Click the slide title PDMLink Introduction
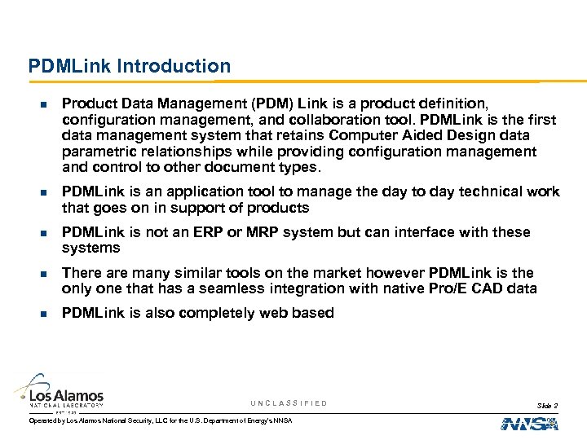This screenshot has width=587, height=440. point(130,66)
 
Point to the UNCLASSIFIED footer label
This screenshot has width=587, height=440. point(289,403)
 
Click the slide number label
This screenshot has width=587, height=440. point(548,405)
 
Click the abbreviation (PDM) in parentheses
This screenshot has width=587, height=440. point(272,104)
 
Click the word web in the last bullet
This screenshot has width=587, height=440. point(258,313)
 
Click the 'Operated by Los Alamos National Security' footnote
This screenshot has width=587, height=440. point(160,420)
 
